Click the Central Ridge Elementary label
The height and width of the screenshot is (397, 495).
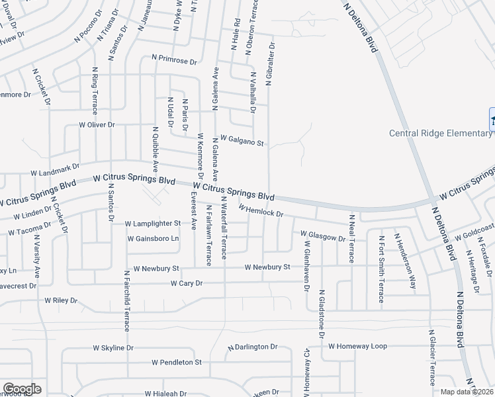tap(440, 133)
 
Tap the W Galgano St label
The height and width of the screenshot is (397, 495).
tap(242, 140)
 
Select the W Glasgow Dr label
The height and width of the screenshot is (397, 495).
tap(323, 235)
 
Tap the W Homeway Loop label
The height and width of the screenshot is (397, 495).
tap(361, 346)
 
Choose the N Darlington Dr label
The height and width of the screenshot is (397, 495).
tap(252, 347)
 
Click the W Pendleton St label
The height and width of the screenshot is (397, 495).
tap(176, 363)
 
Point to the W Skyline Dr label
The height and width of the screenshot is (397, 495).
tap(113, 347)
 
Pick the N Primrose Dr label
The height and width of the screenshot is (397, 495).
tap(174, 61)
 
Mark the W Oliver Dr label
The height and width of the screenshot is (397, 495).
tap(97, 124)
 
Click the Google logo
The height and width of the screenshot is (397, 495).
tap(22, 389)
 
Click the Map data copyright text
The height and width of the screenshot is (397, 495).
tap(467, 392)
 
